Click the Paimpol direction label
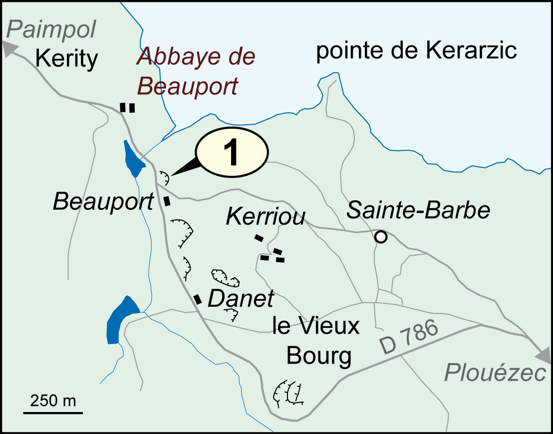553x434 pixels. click(52, 31)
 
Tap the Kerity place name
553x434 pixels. click(67, 59)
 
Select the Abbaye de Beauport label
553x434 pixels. click(196, 71)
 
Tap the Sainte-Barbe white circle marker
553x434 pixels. click(381, 237)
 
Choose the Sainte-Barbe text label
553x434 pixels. click(418, 211)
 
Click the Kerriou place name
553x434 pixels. click(266, 217)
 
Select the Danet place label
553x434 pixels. click(241, 299)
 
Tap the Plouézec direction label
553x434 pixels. click(495, 373)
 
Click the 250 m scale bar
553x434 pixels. click(53, 413)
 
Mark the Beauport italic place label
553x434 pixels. click(103, 202)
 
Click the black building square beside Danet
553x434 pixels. click(198, 299)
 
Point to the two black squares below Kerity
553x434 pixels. click(127, 107)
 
